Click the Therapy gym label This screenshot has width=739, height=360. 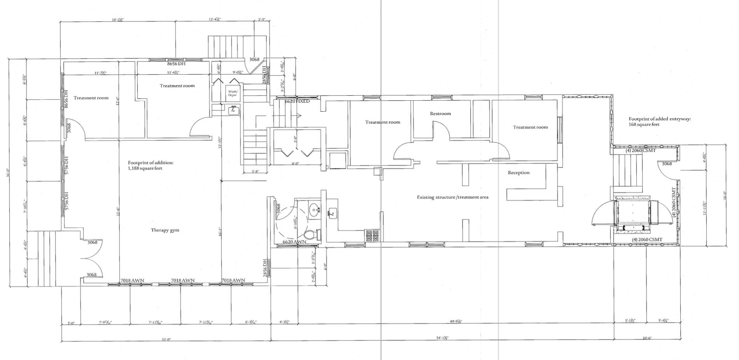(x=165, y=230)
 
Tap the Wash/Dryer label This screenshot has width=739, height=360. (x=232, y=93)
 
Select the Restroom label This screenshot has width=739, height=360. (x=440, y=114)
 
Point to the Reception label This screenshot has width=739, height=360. (x=518, y=173)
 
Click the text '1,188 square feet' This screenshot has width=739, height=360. (x=145, y=168)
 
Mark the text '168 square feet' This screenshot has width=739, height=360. (x=644, y=124)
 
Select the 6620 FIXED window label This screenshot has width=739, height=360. (x=298, y=101)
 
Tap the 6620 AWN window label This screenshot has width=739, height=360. (x=294, y=242)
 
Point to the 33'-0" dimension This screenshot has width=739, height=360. (x=166, y=339)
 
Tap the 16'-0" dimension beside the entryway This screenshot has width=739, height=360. (x=724, y=194)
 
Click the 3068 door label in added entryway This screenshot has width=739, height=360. (x=667, y=164)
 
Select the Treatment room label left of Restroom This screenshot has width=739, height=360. (x=382, y=122)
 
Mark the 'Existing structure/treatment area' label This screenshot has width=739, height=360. (x=453, y=197)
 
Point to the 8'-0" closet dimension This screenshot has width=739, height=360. (x=296, y=164)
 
